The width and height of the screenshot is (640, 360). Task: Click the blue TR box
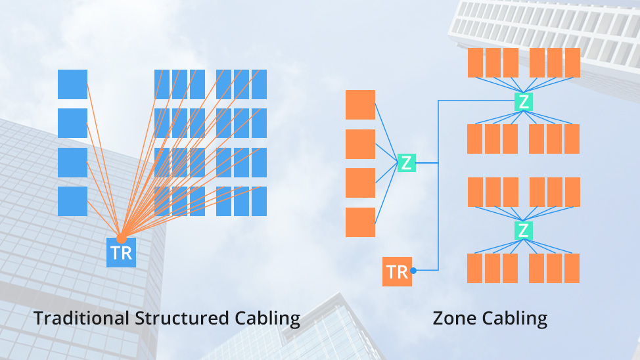point(121,253)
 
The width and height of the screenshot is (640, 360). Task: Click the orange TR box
point(397,271)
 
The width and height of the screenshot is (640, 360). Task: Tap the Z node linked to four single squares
point(407,162)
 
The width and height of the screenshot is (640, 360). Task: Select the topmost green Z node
point(523,101)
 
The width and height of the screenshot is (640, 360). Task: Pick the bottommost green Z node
point(523,230)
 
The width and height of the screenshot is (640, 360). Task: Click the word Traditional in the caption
point(81,319)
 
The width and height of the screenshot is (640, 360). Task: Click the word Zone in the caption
point(455,319)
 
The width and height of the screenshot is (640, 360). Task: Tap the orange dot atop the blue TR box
point(121,239)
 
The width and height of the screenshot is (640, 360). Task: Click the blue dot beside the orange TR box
point(413,270)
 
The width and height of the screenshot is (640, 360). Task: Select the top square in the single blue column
point(72,84)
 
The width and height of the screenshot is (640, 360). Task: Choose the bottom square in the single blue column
point(72,201)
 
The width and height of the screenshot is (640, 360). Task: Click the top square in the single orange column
point(360,104)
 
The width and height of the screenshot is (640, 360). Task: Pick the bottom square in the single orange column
point(360,222)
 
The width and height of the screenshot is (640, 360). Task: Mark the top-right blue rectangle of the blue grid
point(259,84)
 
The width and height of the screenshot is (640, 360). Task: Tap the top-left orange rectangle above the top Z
point(476,62)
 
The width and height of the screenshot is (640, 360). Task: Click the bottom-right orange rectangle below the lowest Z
point(572,268)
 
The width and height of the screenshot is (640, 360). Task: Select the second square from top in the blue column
point(72,123)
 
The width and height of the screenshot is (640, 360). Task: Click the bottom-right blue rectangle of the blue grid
point(259,201)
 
